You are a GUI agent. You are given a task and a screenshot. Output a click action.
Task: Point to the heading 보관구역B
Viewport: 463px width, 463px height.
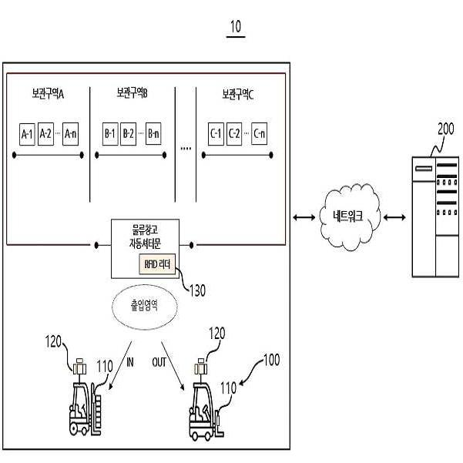(x=132, y=93)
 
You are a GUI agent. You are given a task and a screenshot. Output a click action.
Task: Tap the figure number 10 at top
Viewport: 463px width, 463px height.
(x=235, y=28)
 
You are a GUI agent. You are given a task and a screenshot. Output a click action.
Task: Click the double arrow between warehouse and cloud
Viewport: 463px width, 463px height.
(x=303, y=219)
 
